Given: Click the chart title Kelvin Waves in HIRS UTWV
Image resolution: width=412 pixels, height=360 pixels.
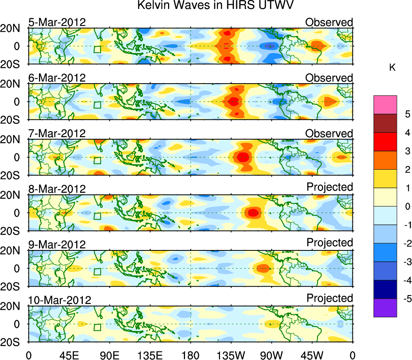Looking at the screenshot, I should [x=215, y=6].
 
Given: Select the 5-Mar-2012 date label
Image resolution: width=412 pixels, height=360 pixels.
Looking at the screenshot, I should [x=57, y=22].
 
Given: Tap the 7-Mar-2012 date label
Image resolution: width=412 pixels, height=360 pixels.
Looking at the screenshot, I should [x=57, y=133].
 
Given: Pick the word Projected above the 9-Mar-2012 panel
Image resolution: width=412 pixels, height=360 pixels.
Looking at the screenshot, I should [x=330, y=243].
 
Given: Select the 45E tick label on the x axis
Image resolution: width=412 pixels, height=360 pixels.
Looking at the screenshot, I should [x=69, y=354].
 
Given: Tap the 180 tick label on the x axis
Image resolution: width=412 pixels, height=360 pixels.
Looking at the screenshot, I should [x=190, y=354].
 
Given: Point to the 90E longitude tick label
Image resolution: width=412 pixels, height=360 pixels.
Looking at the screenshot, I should [x=109, y=354].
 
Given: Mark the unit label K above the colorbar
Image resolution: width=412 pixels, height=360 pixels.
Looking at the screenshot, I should [x=392, y=67].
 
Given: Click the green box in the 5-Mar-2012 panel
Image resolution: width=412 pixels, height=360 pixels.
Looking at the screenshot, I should [x=97, y=49].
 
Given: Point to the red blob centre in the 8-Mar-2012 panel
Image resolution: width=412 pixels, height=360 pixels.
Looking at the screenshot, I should [x=252, y=212].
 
